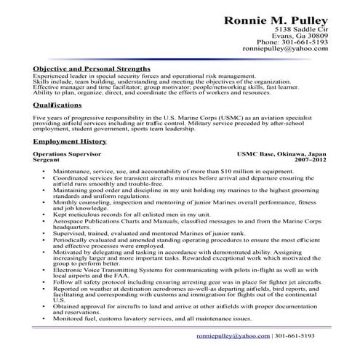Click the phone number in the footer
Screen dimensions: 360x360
coord(295,336)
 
